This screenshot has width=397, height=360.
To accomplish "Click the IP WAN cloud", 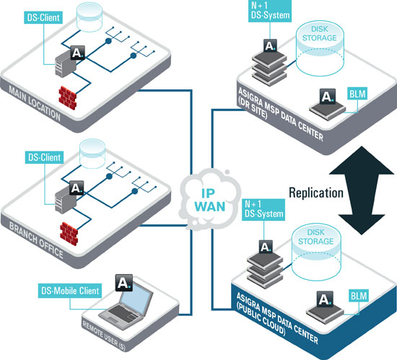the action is point(209,200).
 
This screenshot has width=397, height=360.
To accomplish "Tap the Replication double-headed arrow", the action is point(362,190).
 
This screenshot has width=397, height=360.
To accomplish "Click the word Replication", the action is point(316,193).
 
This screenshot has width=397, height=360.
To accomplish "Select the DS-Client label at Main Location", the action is point(43,18).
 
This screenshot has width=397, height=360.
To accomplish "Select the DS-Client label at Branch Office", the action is point(44,157).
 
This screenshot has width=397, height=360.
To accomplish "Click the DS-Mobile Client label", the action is point(70,291).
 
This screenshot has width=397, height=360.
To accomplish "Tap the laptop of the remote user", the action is point(126,304).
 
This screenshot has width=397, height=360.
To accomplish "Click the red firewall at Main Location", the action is point(68,98).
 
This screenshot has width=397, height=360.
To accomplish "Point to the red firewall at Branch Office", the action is point(69,234).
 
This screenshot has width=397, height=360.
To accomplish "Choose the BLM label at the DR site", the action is point(357,94).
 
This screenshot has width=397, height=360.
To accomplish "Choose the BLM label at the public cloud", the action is point(359,296).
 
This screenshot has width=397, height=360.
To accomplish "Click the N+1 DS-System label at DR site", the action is point(270,11).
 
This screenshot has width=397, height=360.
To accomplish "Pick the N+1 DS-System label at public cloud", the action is point(263,209).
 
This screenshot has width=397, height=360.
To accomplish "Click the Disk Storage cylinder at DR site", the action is point(320,48).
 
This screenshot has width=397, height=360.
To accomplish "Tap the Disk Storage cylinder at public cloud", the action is point(316,253).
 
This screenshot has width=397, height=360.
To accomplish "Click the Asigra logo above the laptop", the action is point(124,282).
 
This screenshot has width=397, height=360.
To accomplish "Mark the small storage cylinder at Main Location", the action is point(90,17).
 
